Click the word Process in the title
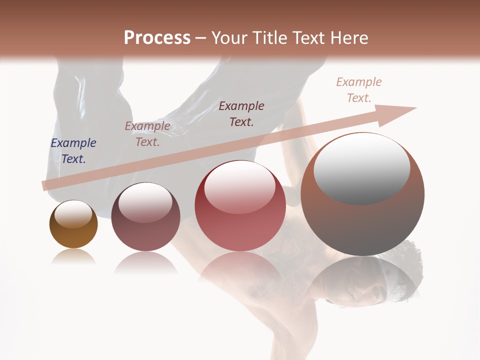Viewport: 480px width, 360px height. tap(157, 38)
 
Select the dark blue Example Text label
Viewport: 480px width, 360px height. tap(73, 151)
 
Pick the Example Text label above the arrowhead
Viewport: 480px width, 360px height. tap(359, 90)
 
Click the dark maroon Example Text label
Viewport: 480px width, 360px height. tap(241, 113)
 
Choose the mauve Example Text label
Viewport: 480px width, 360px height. tap(147, 134)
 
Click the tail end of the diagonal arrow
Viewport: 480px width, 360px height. tap(45, 185)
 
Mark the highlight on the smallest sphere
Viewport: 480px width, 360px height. tap(73, 214)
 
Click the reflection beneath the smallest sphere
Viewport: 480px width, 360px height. tap(73, 257)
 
